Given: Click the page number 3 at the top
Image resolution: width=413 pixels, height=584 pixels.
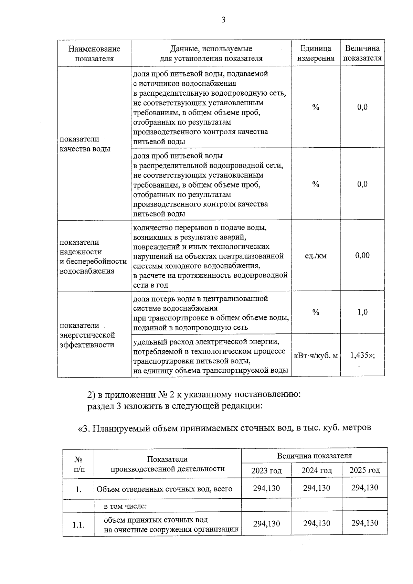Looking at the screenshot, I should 223,20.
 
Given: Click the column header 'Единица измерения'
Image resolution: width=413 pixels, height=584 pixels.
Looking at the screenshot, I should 316,53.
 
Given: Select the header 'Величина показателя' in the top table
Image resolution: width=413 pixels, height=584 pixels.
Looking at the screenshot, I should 362,53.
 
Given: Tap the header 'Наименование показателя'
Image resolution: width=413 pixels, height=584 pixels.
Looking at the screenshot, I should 94,54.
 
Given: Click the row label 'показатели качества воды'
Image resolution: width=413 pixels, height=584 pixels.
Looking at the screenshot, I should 85,144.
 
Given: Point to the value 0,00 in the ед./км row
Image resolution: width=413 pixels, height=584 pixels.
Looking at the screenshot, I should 362,255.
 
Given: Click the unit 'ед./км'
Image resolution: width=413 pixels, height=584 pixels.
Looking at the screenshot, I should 316,256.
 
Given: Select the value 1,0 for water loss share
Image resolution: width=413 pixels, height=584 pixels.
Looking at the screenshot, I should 362,312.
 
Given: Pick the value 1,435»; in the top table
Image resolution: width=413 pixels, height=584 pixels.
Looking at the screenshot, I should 362,355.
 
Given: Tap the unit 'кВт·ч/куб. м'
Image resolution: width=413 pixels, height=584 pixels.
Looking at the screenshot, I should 316,355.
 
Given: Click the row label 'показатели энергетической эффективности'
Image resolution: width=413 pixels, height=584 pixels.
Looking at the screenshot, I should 87,335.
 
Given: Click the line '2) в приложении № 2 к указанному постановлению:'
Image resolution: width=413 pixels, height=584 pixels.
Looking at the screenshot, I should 194,394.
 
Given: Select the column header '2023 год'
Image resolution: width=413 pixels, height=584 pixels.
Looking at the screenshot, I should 266,470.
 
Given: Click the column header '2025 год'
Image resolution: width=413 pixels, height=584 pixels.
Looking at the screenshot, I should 364,470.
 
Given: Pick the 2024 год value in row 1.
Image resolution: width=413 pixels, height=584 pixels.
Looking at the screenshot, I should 316,488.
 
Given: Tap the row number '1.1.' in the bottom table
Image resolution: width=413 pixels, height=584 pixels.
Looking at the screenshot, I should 78,525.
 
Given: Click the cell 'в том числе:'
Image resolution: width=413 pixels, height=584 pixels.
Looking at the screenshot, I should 125,506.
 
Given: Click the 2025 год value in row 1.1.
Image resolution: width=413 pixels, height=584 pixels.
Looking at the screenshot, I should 364,523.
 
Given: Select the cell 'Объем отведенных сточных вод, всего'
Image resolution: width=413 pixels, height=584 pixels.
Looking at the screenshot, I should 164,489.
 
